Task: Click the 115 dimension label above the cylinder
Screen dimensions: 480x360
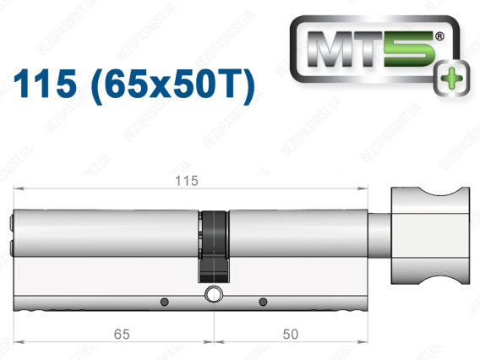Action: coord(187,181)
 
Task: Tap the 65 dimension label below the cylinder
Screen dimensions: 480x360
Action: coord(122,334)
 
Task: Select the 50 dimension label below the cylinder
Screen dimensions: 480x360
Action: coord(290,334)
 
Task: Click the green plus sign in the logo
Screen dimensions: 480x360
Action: coord(451,79)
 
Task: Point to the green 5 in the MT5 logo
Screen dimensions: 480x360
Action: coord(410,49)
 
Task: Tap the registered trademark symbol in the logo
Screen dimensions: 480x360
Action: coord(439,36)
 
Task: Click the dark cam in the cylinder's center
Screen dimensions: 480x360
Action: coord(213,246)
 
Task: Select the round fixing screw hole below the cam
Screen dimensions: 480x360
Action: coord(213,294)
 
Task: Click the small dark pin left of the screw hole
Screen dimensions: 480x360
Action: coord(165,302)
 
